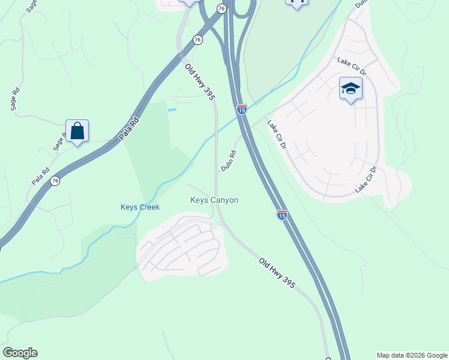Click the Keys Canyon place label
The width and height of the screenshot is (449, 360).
click(x=214, y=200)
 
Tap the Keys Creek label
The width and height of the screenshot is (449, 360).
click(x=140, y=208)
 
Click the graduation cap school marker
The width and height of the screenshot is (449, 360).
click(x=351, y=89)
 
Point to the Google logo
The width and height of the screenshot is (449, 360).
click(x=20, y=353)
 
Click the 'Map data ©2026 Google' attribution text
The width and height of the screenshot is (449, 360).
click(x=412, y=355)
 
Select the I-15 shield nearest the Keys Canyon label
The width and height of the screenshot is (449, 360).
click(x=282, y=214)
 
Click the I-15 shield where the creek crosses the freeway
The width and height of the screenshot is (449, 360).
click(x=241, y=109)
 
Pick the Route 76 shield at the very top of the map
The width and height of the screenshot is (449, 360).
click(x=221, y=8)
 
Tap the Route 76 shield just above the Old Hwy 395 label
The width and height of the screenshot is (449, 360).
click(x=197, y=40)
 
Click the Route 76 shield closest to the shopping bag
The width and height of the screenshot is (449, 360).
click(x=55, y=181)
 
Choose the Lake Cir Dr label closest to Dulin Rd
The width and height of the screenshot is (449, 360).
click(x=277, y=136)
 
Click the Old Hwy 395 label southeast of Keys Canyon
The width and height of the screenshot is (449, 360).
click(x=277, y=274)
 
